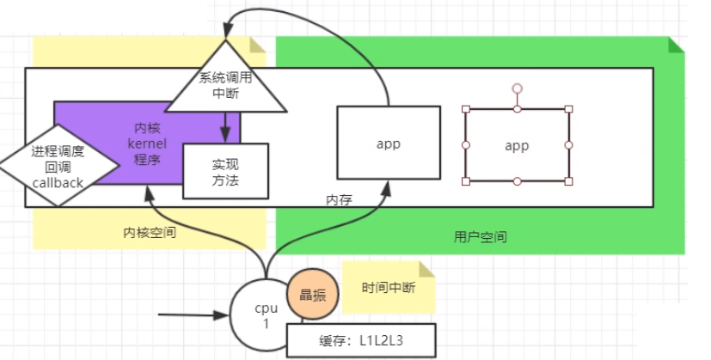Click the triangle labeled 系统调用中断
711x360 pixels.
tap(224, 85)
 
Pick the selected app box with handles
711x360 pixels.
tap(517, 145)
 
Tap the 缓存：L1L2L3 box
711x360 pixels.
tap(361, 339)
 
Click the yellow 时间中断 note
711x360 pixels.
tap(389, 288)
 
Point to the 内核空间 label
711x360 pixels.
tap(150, 232)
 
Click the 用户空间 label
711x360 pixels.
tap(480, 235)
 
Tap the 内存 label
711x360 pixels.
tap(338, 199)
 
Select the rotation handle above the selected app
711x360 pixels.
tap(518, 88)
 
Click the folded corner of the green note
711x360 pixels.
tap(677, 45)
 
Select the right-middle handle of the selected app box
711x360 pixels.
tap(568, 145)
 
